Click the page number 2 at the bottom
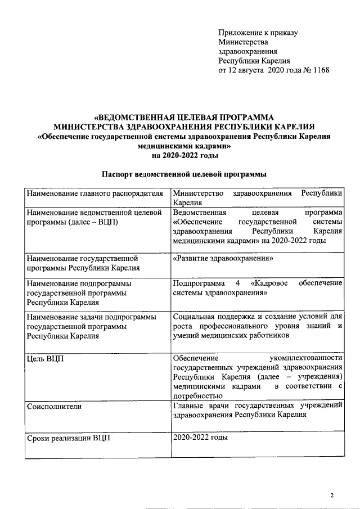point(332,495)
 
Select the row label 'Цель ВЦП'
point(45,358)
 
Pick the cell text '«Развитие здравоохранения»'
point(223,258)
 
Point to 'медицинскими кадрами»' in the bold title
point(184,145)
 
